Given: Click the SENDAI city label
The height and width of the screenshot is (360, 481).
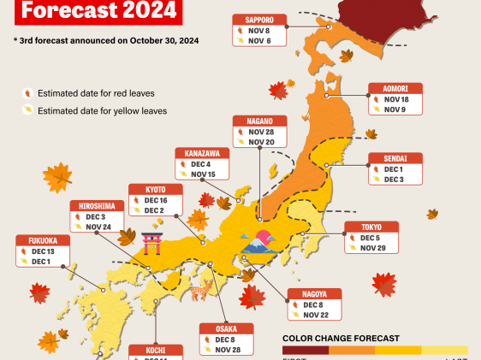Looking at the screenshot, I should click(x=390, y=159).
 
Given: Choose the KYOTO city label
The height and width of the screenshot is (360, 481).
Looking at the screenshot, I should click(x=154, y=189).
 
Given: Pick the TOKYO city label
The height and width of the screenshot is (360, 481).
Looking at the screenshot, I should click(x=365, y=227).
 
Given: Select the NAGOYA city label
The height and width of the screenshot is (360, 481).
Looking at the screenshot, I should click(x=320, y=294).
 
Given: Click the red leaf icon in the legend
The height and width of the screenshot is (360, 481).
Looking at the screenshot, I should click(x=28, y=93).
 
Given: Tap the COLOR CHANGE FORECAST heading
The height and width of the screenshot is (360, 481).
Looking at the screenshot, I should click(x=341, y=339).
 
